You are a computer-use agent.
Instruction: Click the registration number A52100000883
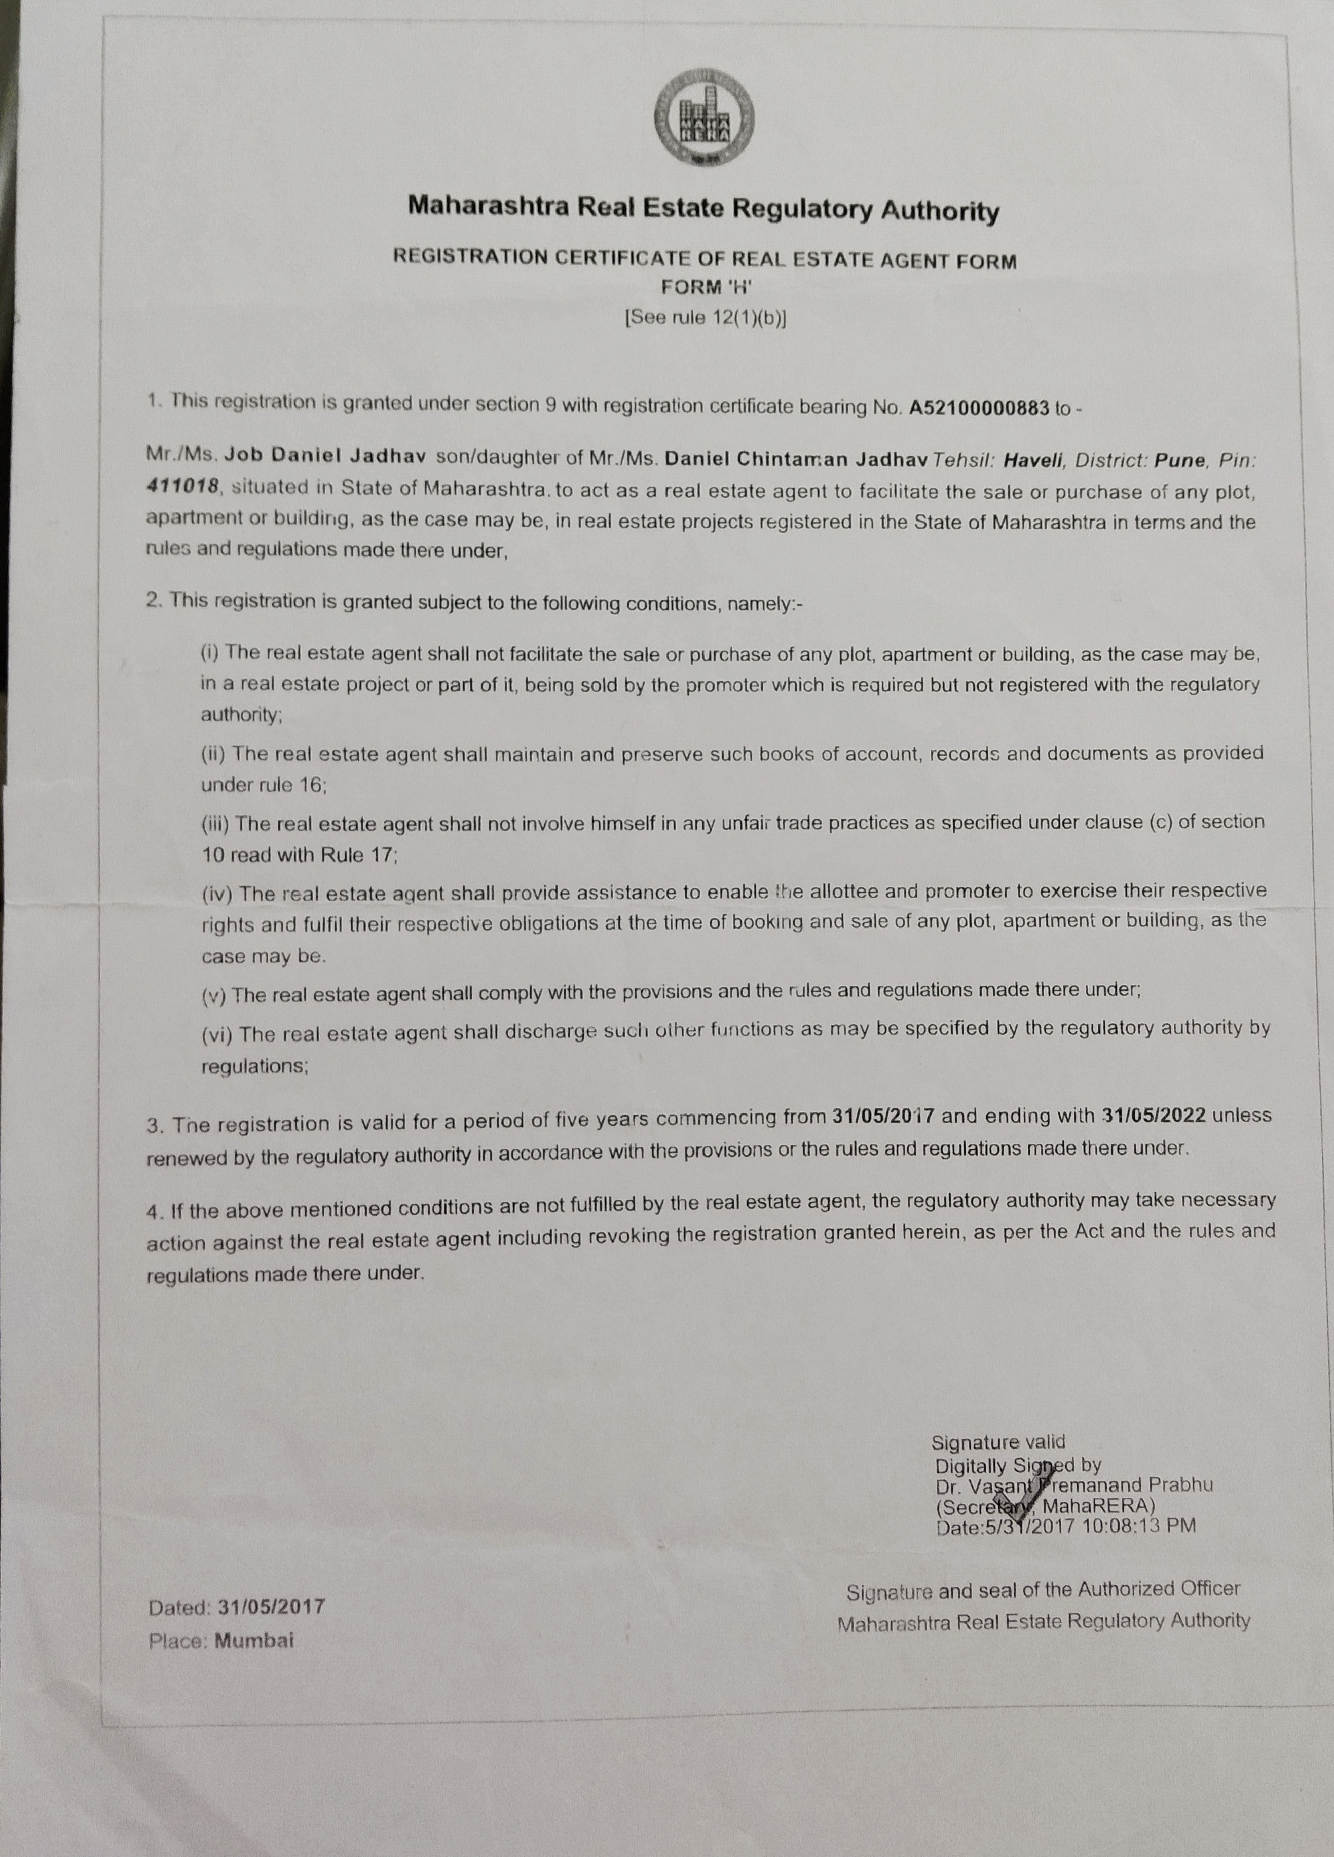click(979, 408)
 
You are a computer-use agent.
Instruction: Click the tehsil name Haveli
click(1033, 459)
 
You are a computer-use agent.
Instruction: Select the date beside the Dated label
click(271, 1607)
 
